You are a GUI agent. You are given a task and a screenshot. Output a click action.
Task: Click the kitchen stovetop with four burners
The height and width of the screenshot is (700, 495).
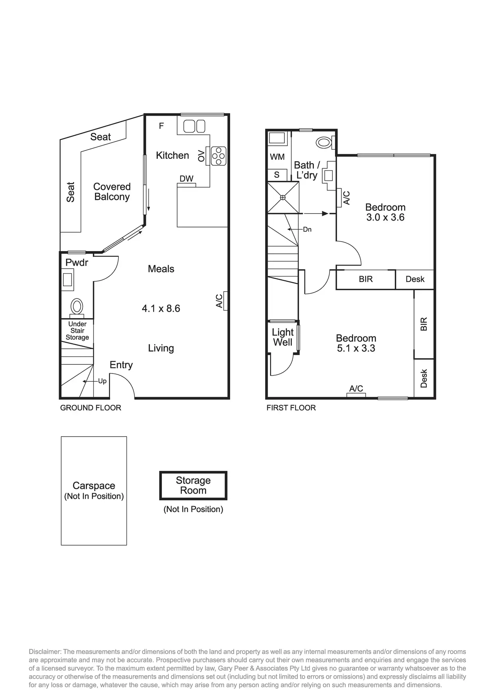tap(219, 156)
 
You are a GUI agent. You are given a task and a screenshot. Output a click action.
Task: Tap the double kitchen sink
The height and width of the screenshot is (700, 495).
tap(194, 127)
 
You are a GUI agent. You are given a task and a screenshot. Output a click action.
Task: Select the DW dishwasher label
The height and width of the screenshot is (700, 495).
tap(186, 179)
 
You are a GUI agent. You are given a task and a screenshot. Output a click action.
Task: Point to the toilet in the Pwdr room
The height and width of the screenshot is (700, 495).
tap(77, 308)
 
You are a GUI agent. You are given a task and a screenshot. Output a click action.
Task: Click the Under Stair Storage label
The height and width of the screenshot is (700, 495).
tap(77, 331)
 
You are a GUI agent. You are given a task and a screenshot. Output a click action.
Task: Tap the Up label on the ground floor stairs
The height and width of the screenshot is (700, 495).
tap(103, 381)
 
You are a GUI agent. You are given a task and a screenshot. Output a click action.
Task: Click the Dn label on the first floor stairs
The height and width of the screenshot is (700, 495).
tap(307, 229)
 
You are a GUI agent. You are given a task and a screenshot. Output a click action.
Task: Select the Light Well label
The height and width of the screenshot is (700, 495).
tap(283, 337)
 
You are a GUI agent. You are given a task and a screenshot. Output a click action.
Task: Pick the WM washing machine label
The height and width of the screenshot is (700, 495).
tap(277, 157)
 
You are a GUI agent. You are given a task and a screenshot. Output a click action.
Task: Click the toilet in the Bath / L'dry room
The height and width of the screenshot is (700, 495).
tap(324, 142)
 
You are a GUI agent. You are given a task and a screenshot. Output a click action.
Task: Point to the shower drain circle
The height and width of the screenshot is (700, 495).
tap(283, 198)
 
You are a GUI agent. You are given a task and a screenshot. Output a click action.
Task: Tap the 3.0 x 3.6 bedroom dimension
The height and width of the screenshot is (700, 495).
tap(385, 218)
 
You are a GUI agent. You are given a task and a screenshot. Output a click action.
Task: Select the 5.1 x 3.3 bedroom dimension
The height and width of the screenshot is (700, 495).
tap(356, 348)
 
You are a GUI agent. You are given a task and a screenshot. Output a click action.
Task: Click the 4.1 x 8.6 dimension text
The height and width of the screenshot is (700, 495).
tap(161, 308)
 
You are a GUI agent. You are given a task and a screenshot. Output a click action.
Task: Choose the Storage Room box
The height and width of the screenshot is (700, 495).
tap(193, 485)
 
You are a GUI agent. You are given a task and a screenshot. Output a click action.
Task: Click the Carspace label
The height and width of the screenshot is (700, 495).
tap(94, 486)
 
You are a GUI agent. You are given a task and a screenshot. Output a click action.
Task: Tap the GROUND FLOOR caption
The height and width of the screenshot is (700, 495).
tap(91, 408)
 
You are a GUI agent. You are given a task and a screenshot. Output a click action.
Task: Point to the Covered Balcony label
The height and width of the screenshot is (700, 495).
tap(112, 192)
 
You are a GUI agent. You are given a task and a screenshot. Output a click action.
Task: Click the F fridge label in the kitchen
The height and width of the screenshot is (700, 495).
tap(162, 126)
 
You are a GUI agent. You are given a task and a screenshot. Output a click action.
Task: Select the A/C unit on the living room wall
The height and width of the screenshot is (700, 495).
tap(225, 301)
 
